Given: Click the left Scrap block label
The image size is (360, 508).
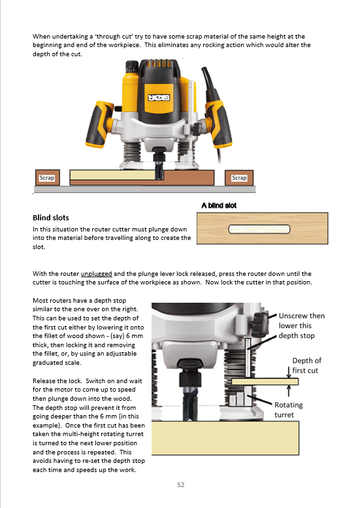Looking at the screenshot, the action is coord(47,178).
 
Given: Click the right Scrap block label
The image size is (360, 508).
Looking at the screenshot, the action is coord(239,178).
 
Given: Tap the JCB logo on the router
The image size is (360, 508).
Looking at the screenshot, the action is coord(159,97).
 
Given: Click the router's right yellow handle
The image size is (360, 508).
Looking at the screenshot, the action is coord(219,124).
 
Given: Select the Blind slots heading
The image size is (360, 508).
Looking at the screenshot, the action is coord(51,218).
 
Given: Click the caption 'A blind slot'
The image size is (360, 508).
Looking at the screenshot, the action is coord(219,205).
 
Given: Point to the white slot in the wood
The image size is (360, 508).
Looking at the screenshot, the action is coord(259,229).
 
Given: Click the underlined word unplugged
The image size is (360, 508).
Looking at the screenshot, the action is coord(97,274).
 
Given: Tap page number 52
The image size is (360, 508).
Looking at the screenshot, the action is coord(180,484).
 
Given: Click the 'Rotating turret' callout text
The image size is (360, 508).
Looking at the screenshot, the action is coord(288,410).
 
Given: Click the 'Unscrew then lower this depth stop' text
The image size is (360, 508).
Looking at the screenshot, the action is coord(301,326).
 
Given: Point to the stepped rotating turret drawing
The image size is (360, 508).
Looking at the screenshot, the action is coord(240,396).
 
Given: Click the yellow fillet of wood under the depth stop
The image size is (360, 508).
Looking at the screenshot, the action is coord(265,382).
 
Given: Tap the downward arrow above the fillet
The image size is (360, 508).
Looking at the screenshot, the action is coord(288,372).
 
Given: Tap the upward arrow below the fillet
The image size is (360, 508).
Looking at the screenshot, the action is coord(288,391).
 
